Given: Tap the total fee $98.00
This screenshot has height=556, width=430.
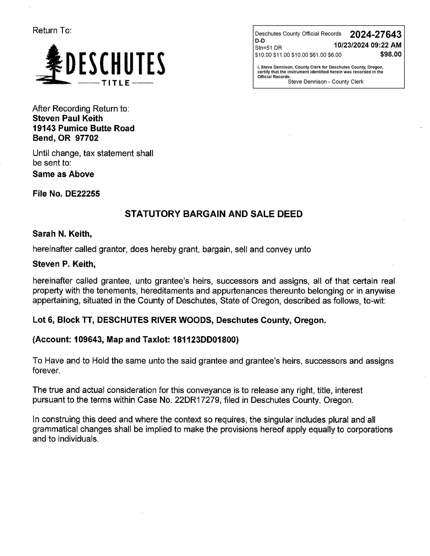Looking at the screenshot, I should click(x=391, y=54).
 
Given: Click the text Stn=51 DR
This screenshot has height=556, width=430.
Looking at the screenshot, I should click(x=268, y=48).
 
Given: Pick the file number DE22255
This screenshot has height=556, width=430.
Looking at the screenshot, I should click(x=82, y=194).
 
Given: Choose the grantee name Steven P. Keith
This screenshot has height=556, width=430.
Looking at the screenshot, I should click(x=64, y=264).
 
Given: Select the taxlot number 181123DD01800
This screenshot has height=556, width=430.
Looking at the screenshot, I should click(x=205, y=340).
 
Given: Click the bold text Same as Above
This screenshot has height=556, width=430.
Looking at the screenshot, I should click(x=63, y=174).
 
